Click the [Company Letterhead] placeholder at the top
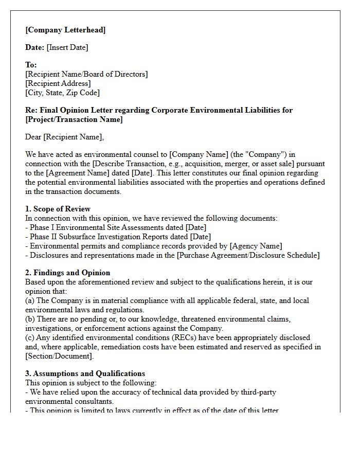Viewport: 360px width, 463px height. (x=65, y=30)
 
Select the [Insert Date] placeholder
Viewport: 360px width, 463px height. (x=67, y=47)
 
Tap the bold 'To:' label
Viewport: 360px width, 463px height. (x=31, y=65)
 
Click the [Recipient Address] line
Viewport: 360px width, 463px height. (x=58, y=83)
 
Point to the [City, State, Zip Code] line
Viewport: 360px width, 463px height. (x=63, y=93)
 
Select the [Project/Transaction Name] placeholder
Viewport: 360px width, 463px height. (x=74, y=119)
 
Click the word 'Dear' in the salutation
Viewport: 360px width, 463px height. (x=33, y=137)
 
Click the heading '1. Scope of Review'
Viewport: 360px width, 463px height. (x=58, y=209)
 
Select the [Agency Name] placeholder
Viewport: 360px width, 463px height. (x=256, y=246)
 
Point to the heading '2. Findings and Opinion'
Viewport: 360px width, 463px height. (x=67, y=273)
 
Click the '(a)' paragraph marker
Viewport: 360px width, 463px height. (x=30, y=300)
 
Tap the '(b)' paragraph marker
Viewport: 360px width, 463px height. (x=30, y=319)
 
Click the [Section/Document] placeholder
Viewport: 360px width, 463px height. (x=60, y=356)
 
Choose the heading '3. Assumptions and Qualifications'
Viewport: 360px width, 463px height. (x=85, y=373)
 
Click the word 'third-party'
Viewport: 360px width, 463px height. (x=256, y=392)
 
